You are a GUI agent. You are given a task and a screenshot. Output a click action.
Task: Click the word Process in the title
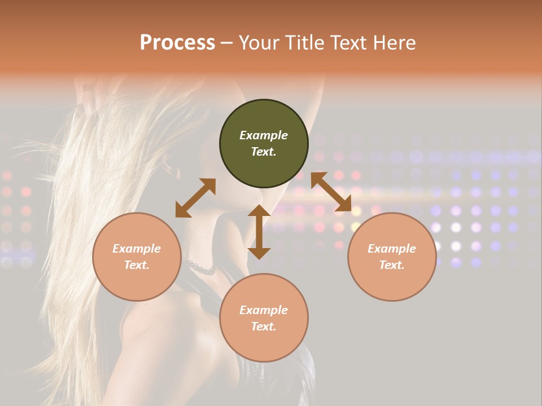click(x=177, y=43)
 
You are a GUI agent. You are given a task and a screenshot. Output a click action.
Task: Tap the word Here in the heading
click(x=393, y=43)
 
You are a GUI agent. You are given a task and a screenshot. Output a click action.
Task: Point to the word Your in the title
click(x=257, y=43)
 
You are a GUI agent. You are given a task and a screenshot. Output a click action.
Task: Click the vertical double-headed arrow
click(x=259, y=232)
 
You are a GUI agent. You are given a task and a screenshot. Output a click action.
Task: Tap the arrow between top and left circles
click(x=195, y=198)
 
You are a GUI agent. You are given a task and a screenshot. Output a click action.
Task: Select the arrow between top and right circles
click(x=331, y=192)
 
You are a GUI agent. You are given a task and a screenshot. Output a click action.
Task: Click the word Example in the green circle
click(x=264, y=135)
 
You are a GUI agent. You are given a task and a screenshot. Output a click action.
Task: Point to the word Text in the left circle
click(x=137, y=265)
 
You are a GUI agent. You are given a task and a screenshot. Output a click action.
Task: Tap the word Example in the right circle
click(x=392, y=249)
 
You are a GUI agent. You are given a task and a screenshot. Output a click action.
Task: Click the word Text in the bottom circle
click(x=264, y=326)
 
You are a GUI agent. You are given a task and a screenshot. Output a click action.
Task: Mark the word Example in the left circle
click(x=137, y=249)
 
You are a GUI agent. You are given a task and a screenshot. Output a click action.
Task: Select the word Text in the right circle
click(x=392, y=265)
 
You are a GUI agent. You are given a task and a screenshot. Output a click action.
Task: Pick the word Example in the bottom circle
click(x=264, y=310)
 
